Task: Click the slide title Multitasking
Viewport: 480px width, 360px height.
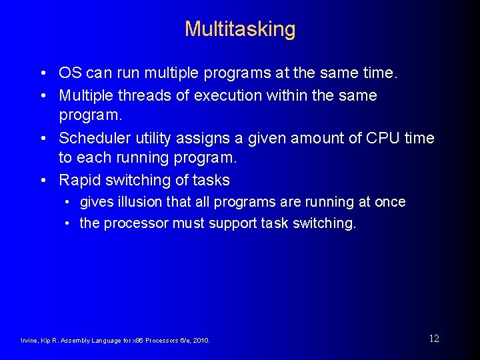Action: (x=240, y=29)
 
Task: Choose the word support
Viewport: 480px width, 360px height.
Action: (x=235, y=223)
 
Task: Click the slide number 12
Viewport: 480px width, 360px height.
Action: (x=434, y=339)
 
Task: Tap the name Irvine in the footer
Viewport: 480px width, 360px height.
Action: (x=31, y=341)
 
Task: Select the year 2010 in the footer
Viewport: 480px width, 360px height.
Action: (x=201, y=341)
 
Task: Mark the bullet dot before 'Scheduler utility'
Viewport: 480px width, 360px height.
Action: (x=43, y=139)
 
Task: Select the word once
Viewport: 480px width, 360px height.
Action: (x=391, y=202)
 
